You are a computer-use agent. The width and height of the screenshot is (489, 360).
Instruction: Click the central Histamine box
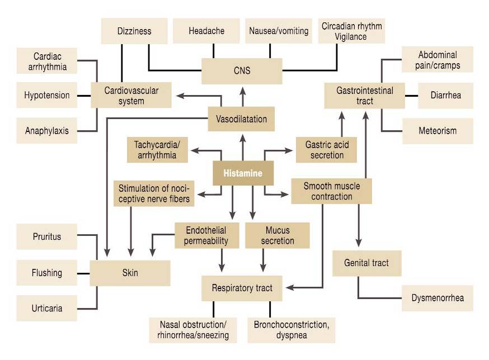(x=243, y=173)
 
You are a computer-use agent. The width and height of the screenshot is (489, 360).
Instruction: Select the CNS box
(x=242, y=71)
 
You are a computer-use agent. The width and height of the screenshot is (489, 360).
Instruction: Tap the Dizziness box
(x=134, y=31)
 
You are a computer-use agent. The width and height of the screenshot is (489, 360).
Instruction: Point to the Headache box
(x=206, y=31)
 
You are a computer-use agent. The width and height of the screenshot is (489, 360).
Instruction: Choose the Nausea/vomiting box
(x=279, y=31)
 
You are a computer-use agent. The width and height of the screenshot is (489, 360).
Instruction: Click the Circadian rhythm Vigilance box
(x=351, y=31)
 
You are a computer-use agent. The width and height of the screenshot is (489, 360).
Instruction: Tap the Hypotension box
(x=47, y=95)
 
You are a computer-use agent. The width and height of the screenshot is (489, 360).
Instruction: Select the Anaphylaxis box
(x=47, y=131)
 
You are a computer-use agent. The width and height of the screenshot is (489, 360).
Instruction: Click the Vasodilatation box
(x=241, y=119)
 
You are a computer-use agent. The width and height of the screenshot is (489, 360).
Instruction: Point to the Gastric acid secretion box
(x=327, y=149)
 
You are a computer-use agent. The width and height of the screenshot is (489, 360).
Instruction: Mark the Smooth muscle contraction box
(x=332, y=191)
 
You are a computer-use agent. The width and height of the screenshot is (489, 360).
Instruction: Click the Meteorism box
(x=438, y=131)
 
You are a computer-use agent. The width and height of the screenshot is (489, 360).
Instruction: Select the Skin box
(x=130, y=273)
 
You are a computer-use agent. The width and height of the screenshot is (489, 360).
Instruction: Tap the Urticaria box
(x=47, y=308)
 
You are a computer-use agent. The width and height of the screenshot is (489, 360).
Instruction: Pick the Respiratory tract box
(x=242, y=288)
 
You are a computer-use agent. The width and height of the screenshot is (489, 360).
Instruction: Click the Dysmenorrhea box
(x=438, y=298)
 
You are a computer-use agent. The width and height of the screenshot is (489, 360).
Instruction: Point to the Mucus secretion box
(x=278, y=235)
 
